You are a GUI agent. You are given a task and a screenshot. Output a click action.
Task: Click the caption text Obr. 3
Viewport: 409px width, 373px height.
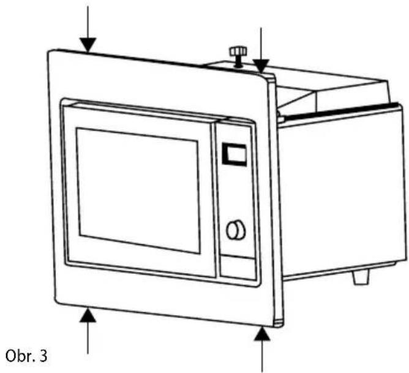point(26,356)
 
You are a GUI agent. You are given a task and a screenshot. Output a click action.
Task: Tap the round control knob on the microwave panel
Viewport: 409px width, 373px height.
point(236,230)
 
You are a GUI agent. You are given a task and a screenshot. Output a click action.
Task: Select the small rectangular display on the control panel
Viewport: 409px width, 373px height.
point(235,154)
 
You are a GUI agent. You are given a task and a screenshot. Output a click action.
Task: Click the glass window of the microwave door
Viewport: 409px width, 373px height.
point(138,190)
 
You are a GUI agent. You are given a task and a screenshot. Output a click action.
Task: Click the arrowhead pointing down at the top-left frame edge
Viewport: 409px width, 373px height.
point(88,45)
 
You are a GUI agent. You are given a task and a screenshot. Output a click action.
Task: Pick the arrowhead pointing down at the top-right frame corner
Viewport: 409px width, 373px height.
point(261,66)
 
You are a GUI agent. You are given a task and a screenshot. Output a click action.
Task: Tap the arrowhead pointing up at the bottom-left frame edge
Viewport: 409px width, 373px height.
point(88,315)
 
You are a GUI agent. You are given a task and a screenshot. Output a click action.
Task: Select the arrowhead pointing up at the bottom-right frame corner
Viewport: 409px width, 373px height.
point(262,334)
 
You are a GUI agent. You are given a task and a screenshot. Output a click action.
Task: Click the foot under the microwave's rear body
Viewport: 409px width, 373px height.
point(361,277)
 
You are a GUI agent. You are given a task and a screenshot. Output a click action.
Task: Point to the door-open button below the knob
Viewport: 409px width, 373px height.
point(238,268)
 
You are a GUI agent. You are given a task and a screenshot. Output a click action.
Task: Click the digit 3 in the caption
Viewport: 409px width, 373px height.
point(43,356)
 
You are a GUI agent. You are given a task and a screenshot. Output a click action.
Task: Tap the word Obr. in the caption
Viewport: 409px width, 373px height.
point(20,356)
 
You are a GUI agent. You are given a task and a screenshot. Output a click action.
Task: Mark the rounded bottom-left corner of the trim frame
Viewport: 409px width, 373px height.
point(58,301)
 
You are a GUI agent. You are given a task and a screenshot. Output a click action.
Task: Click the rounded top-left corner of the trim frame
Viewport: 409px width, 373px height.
point(51,52)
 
